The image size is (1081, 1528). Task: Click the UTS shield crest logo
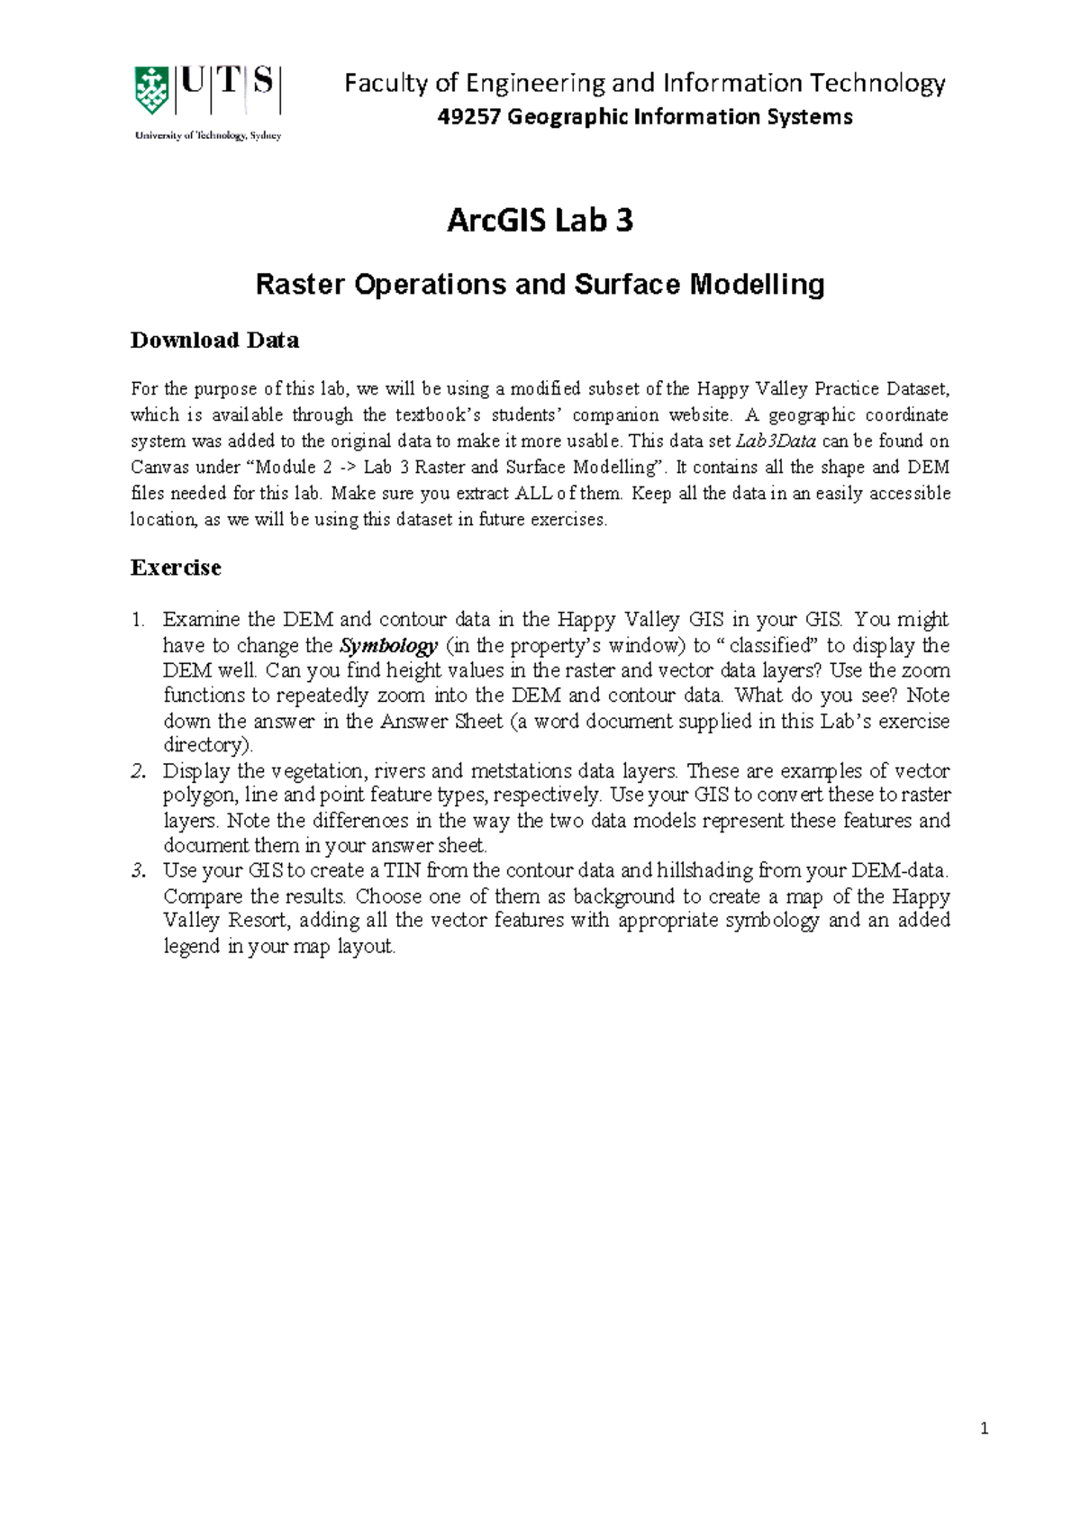coord(150,90)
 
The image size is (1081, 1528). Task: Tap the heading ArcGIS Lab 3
coord(540,221)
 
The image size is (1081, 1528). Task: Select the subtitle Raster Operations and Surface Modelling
coord(540,285)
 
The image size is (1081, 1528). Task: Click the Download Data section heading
coord(214,341)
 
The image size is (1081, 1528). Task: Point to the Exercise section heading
coord(176,568)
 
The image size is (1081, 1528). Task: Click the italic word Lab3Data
coord(776,441)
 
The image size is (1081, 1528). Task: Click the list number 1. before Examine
coord(137,620)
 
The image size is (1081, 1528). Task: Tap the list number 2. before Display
coord(137,771)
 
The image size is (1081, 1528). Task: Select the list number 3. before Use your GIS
coord(137,870)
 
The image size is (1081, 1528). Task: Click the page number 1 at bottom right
coord(985,1428)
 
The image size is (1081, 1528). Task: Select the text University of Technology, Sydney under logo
coord(208,136)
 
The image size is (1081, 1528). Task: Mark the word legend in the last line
coord(191,946)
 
